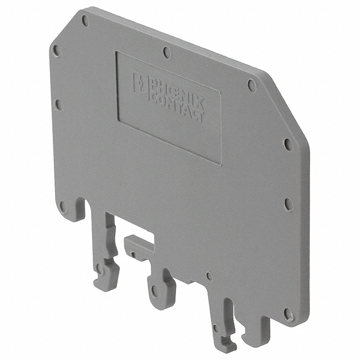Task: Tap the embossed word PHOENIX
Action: point(176,92)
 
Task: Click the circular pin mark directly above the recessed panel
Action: point(167,52)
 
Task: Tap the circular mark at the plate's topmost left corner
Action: point(85,21)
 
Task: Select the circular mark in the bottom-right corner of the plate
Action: point(288,314)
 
